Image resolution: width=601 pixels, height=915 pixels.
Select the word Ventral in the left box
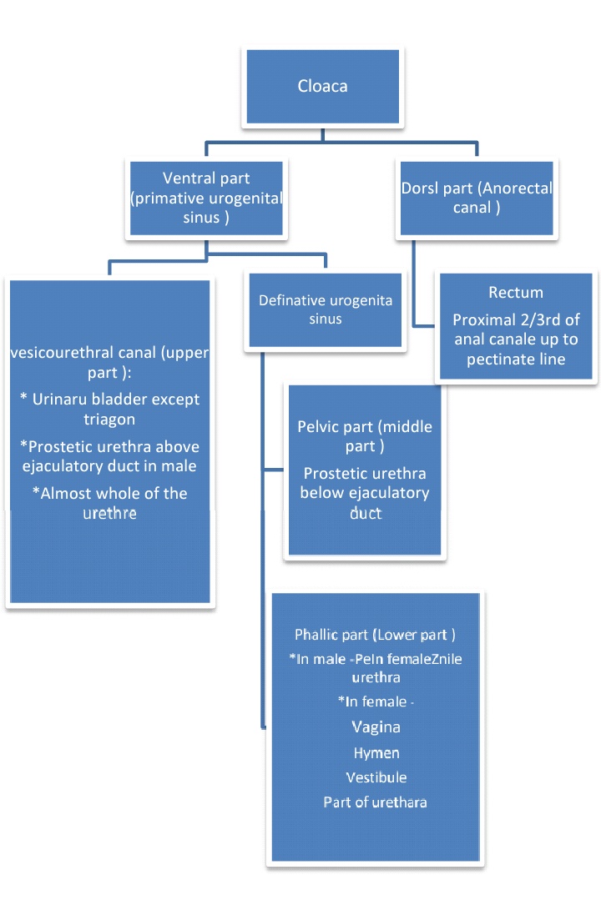point(184,178)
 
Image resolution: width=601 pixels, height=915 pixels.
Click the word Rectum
point(516,293)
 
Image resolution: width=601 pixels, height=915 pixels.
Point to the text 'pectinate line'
point(516,359)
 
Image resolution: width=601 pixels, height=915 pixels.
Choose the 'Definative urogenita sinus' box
point(326,309)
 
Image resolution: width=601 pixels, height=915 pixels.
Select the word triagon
point(109,419)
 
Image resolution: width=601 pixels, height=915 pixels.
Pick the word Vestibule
point(376,777)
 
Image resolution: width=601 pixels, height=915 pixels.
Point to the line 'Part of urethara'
point(376,802)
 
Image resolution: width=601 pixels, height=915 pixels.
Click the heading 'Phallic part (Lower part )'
point(375,635)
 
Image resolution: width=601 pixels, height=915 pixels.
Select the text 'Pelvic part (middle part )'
point(365,436)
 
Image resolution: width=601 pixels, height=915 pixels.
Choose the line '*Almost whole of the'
point(109,493)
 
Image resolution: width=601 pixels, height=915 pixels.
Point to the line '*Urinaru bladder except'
point(109,400)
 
